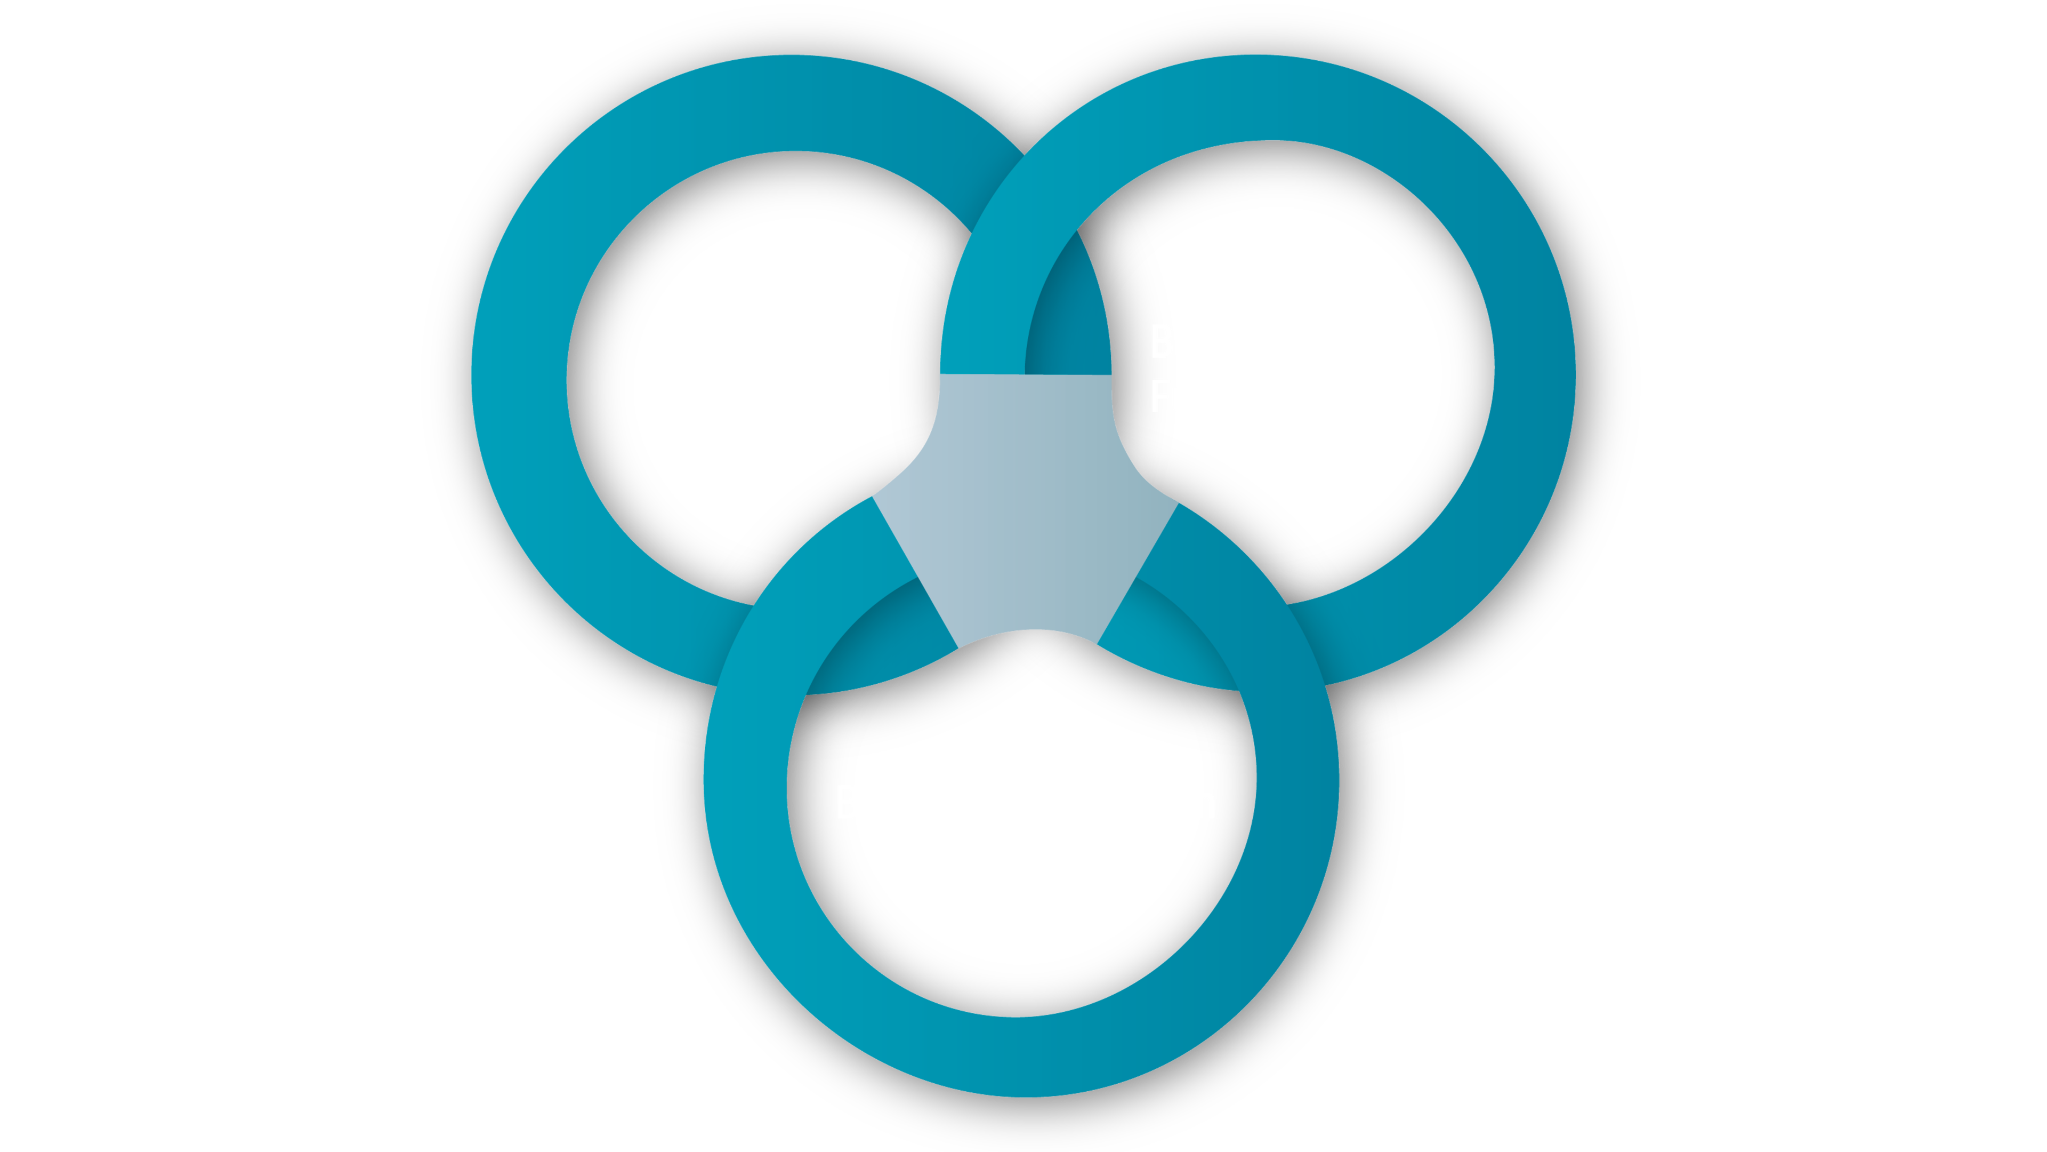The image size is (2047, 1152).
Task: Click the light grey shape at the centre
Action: pyautogui.click(x=1025, y=509)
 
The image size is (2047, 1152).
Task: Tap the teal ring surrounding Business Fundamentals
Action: pyautogui.click(x=1534, y=374)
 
